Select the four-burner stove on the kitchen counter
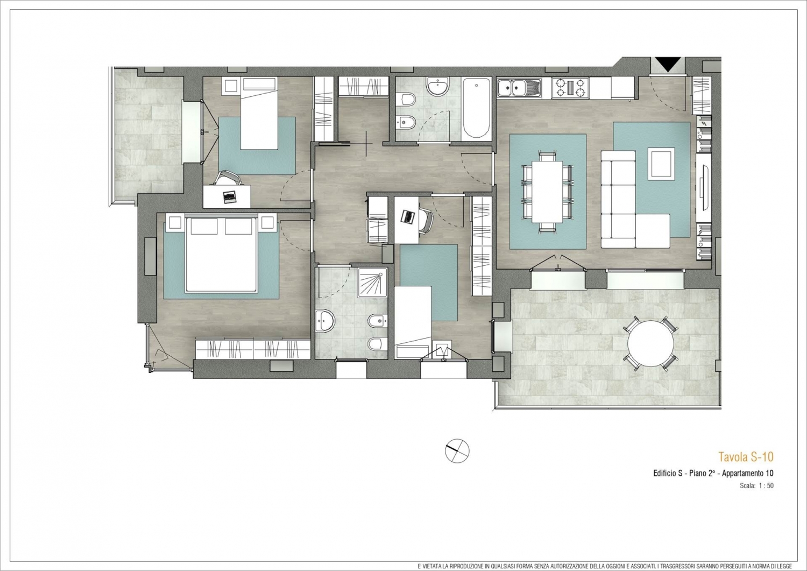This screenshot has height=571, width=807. (x=570, y=88)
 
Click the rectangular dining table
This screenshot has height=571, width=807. (x=547, y=192)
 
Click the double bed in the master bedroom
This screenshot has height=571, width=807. (x=221, y=254)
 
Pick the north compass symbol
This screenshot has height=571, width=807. (x=457, y=451)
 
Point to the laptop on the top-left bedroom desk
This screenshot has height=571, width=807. (x=229, y=197)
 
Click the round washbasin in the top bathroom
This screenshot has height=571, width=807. (x=437, y=87)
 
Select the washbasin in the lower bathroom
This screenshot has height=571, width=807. (x=325, y=321)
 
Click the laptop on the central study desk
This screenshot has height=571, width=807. (x=408, y=217)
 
